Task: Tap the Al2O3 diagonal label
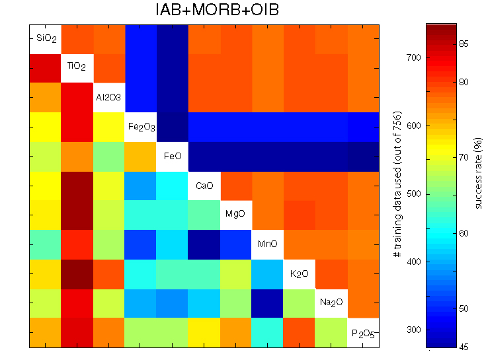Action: (109, 97)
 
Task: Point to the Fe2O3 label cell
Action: (141, 126)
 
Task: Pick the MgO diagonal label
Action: (236, 215)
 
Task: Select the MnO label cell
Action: (268, 244)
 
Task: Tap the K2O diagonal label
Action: (300, 273)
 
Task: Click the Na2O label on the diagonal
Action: (331, 303)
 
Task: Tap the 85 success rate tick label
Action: (464, 44)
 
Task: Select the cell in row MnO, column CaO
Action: (204, 244)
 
